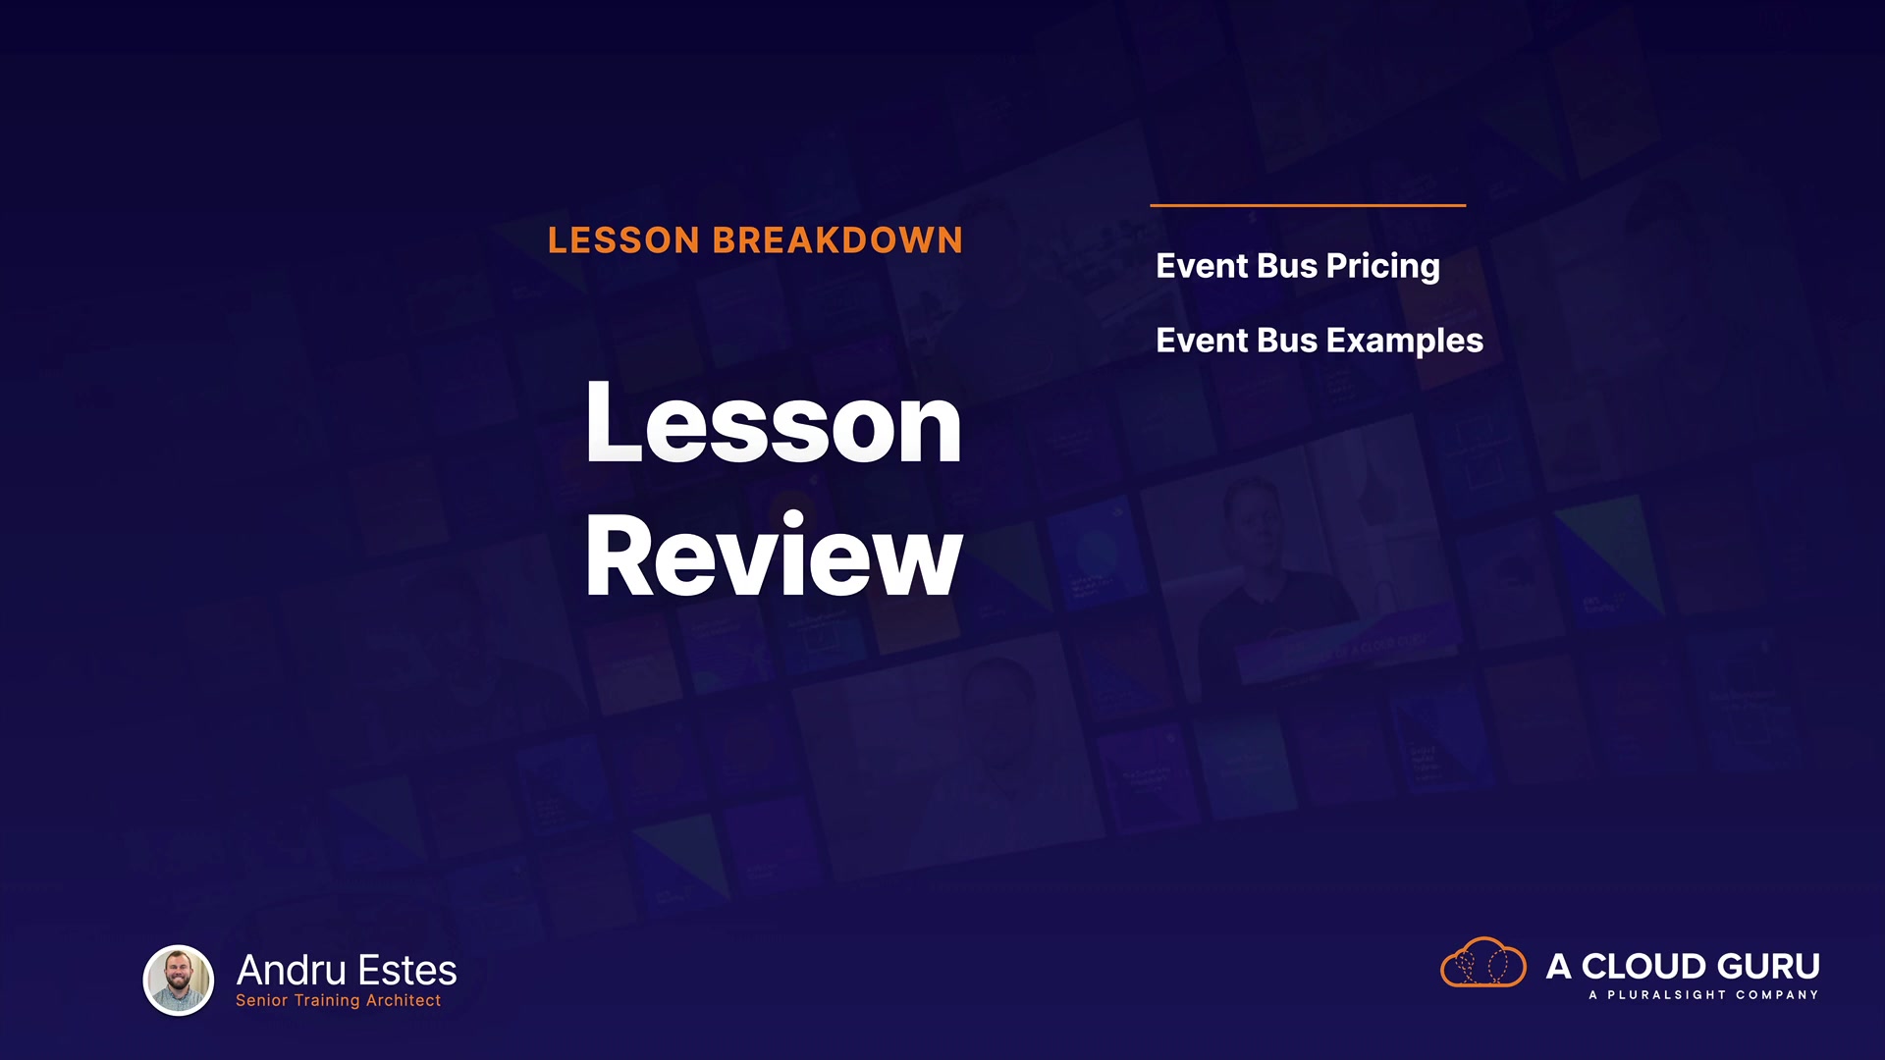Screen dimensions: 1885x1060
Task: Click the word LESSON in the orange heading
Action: (x=623, y=240)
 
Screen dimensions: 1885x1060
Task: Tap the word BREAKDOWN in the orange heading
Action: (x=837, y=240)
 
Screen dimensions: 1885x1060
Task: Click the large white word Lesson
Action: (x=774, y=423)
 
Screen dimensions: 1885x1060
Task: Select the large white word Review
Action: (x=774, y=555)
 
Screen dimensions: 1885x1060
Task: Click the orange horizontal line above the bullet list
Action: (x=1308, y=205)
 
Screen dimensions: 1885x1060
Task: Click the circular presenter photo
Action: (x=179, y=980)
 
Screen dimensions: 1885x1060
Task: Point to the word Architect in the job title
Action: (x=404, y=1000)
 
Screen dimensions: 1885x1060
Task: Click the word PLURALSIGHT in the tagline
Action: (x=1666, y=995)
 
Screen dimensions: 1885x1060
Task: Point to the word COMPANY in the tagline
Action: (x=1777, y=995)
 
